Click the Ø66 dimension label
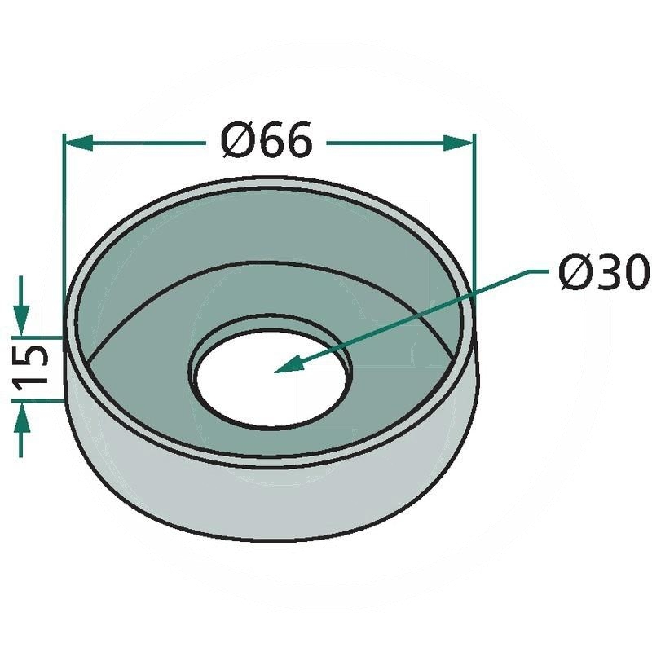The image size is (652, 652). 267,140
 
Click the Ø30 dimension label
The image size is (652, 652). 604,273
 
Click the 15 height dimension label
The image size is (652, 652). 29,368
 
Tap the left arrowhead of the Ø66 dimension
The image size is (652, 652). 79,143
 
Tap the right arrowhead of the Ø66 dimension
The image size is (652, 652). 457,143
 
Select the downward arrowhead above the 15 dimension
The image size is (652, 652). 22,319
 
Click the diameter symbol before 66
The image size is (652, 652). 237,140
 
